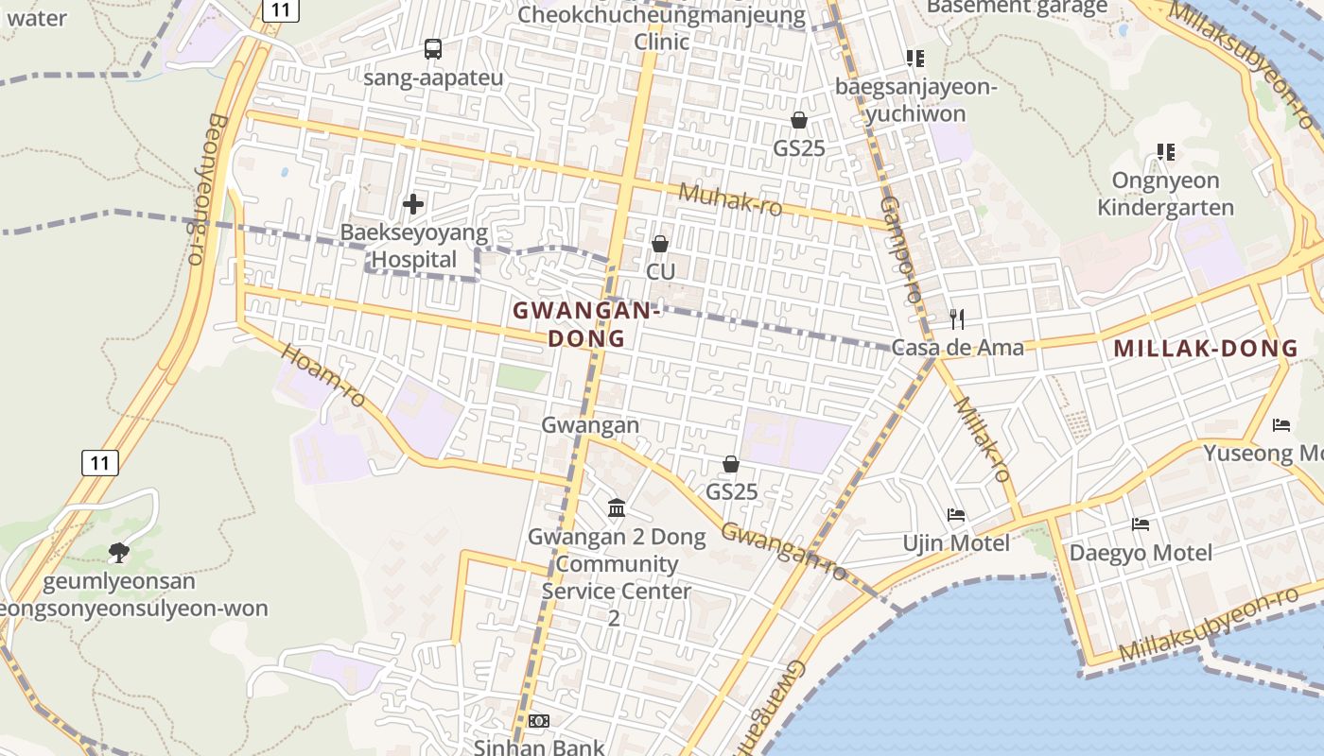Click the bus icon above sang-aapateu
(x=433, y=49)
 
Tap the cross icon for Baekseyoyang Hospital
(x=413, y=203)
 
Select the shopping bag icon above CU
(x=660, y=244)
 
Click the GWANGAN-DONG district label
(x=586, y=324)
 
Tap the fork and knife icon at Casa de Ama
(x=957, y=319)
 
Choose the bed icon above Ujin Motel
(x=956, y=515)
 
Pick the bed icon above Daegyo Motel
(x=1141, y=524)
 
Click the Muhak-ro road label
(x=730, y=199)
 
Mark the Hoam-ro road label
(x=323, y=375)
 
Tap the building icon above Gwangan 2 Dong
(x=617, y=508)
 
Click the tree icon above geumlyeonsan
(x=118, y=552)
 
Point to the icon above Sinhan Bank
(x=539, y=721)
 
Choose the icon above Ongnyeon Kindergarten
(x=1166, y=151)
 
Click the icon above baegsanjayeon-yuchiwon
(x=915, y=59)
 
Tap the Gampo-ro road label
(x=899, y=249)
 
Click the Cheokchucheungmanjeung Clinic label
(x=662, y=28)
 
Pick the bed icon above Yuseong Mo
(x=1281, y=425)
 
